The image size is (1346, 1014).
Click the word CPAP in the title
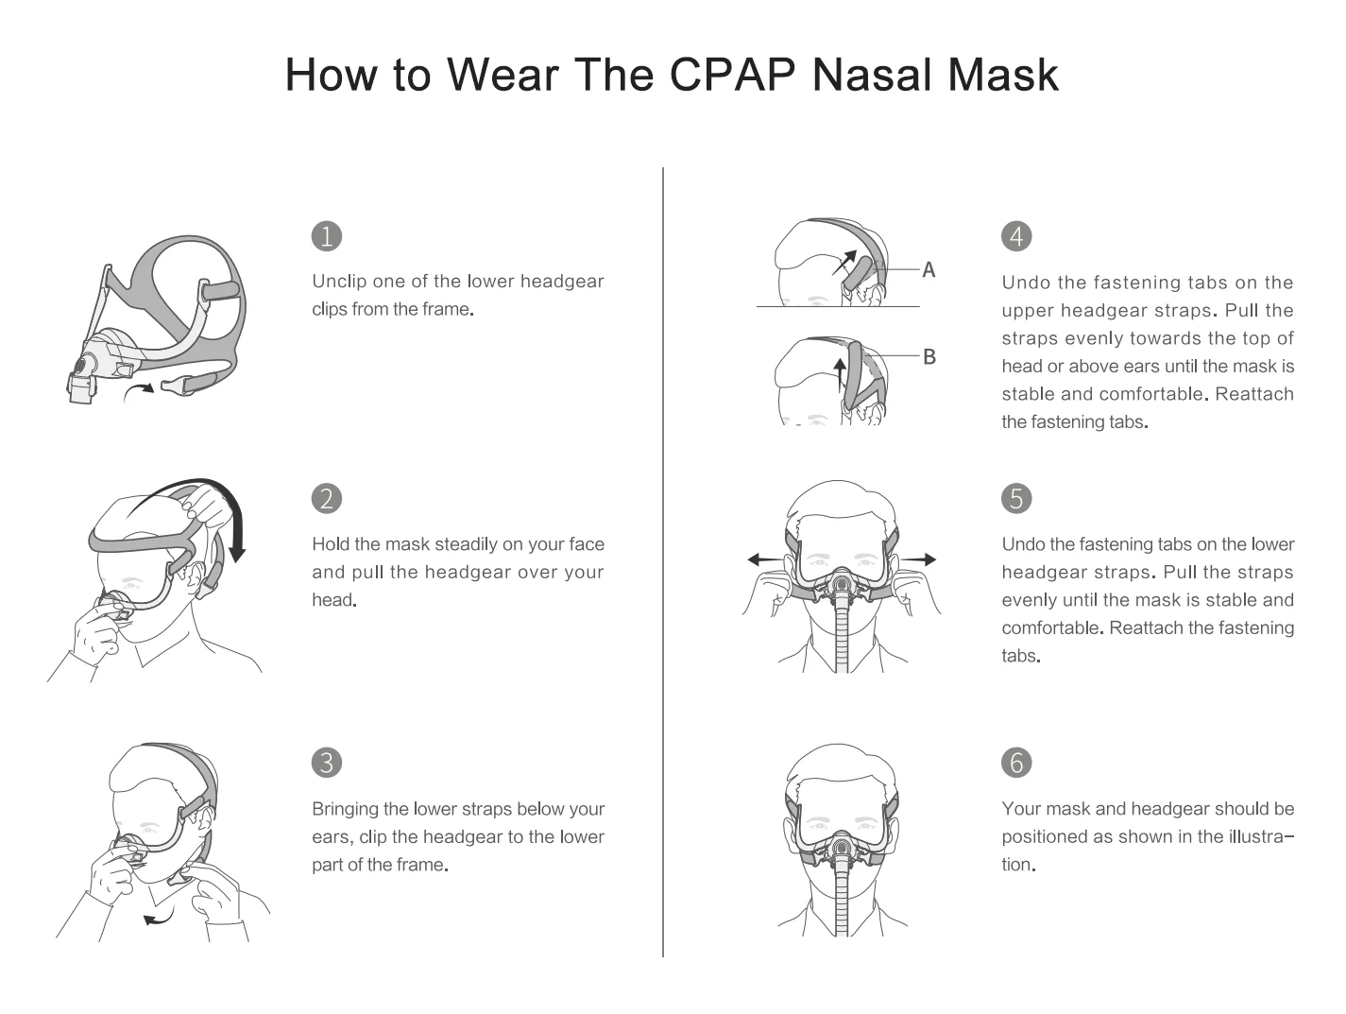tap(732, 75)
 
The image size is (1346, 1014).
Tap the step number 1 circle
tap(326, 236)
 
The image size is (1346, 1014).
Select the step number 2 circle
tap(326, 498)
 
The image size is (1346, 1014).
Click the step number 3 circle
tap(326, 763)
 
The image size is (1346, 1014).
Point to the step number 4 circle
tap(1016, 236)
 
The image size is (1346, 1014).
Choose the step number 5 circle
tap(1016, 498)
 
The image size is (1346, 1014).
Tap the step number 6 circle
tap(1016, 763)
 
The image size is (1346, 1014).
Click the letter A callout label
tap(929, 270)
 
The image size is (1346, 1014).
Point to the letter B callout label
tap(929, 356)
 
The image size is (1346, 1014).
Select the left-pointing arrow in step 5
tap(765, 559)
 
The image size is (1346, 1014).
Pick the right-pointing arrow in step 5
tap(918, 559)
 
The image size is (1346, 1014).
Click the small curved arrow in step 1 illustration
tap(139, 390)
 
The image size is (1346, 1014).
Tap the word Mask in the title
tap(1002, 75)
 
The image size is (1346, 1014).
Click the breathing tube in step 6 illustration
tap(842, 902)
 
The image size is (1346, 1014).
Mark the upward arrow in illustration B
tap(840, 375)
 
